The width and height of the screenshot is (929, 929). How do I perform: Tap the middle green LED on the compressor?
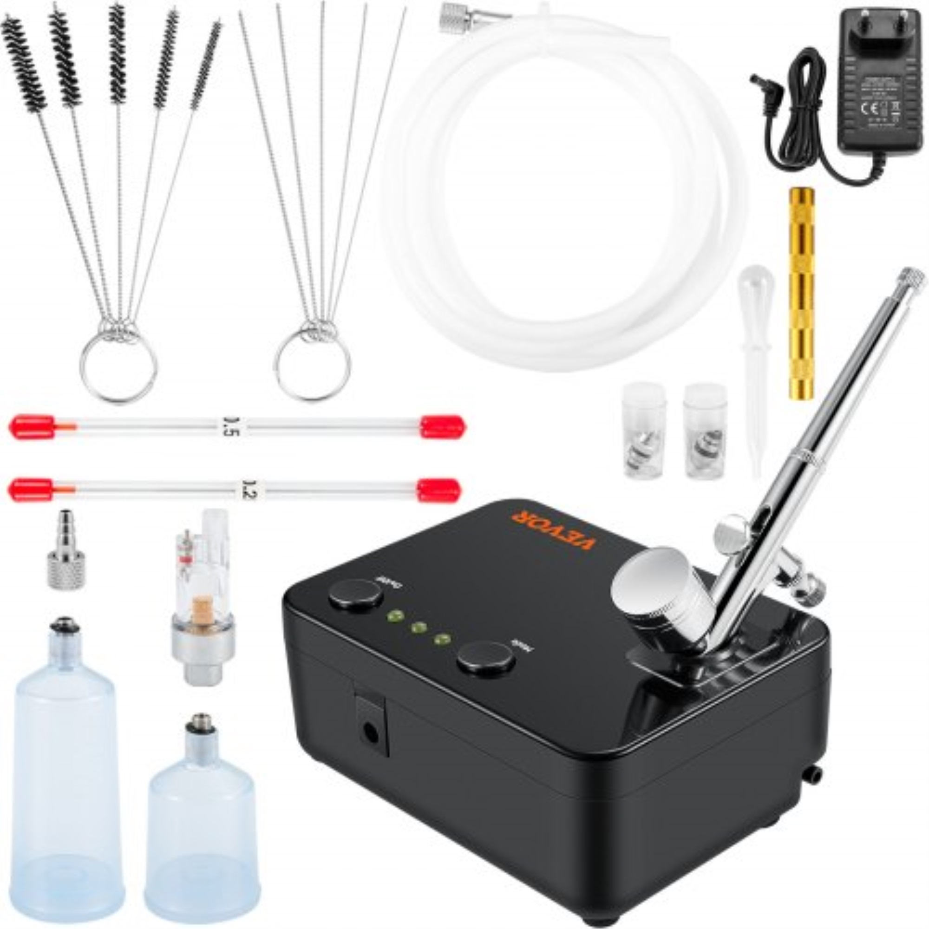(419, 627)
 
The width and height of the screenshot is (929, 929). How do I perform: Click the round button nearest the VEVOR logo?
(356, 595)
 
